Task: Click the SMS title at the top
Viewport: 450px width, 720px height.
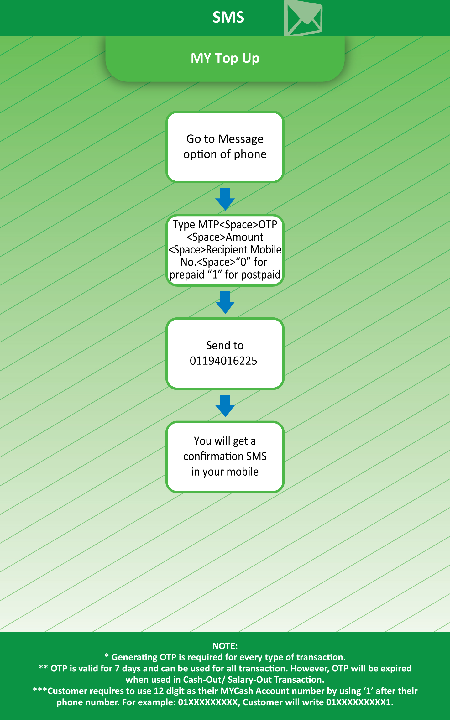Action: coord(228,17)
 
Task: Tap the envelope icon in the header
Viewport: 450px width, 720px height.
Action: coord(303,18)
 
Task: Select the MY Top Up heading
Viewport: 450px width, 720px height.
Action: coord(225,58)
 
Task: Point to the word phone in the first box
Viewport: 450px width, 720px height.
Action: coord(250,154)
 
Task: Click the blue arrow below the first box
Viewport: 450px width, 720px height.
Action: coord(225,199)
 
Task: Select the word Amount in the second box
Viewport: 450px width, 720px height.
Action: coord(244,237)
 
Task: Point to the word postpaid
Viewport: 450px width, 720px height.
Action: coord(261,275)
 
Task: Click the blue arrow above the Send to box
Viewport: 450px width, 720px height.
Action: coord(225,303)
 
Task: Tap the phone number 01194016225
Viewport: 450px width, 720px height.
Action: coord(223,361)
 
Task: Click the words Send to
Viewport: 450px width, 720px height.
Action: coord(225,345)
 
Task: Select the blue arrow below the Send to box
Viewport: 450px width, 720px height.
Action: coord(225,406)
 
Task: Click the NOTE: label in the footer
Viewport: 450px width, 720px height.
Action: coord(225,646)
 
